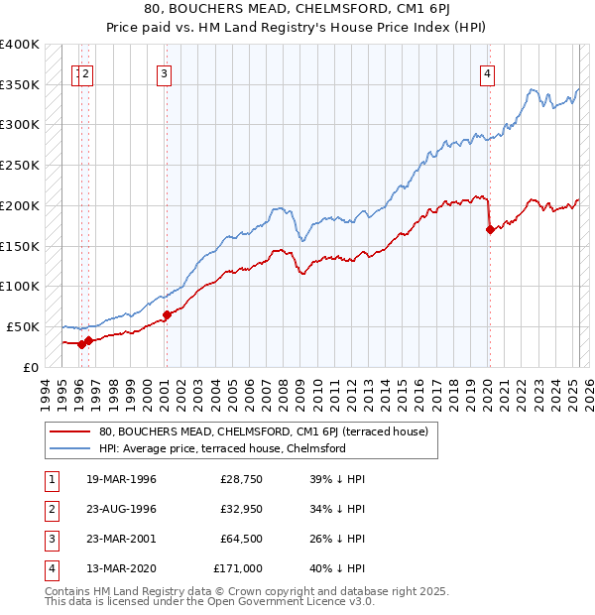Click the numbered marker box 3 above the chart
[164, 71]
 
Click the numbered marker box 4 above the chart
[488, 71]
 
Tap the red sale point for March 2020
[490, 229]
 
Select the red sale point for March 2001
[167, 315]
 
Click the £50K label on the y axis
[23, 326]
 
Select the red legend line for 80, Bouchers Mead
[68, 431]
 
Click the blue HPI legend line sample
[68, 448]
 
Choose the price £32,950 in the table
[239, 509]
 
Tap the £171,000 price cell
[238, 568]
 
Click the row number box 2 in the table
[51, 509]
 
